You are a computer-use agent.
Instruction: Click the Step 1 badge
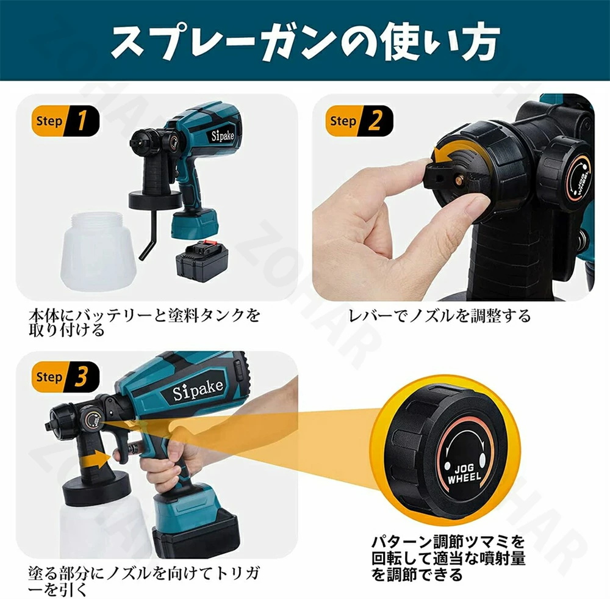pyautogui.click(x=65, y=121)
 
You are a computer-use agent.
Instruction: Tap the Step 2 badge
pyautogui.click(x=359, y=121)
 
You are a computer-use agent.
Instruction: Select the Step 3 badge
pyautogui.click(x=65, y=377)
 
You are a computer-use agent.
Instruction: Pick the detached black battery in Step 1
pyautogui.click(x=202, y=261)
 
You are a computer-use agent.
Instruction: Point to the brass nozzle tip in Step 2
pyautogui.click(x=460, y=180)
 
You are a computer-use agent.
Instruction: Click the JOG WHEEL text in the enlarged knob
pyautogui.click(x=464, y=473)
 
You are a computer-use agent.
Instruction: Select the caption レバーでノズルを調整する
pyautogui.click(x=439, y=315)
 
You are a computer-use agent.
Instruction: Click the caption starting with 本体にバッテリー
pyautogui.click(x=144, y=322)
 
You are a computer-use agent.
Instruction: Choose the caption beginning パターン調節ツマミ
pyautogui.click(x=448, y=558)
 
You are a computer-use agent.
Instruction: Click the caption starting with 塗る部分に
pyautogui.click(x=144, y=580)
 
